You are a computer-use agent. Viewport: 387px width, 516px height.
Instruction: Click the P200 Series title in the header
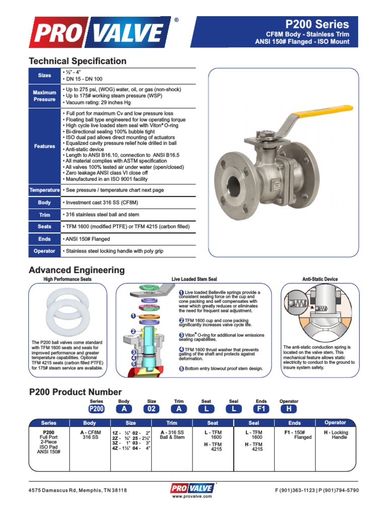pos(317,24)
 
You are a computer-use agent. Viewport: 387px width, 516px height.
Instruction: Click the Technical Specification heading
pos(78,61)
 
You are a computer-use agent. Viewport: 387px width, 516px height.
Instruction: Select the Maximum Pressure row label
pos(44,96)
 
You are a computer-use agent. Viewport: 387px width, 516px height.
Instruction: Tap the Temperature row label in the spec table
pos(44,190)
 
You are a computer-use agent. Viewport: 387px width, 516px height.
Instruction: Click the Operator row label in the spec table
pos(44,251)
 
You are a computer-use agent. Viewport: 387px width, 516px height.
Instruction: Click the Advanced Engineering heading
pos(77,270)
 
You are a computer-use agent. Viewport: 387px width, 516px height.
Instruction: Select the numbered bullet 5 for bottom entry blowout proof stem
pos(181,368)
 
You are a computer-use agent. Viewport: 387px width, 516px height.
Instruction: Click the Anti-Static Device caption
pos(320,279)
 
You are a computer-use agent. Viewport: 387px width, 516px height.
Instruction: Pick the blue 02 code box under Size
pos(152,409)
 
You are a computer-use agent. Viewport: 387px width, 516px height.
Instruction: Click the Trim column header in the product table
pos(178,423)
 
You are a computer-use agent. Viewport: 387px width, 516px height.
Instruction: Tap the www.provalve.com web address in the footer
pos(193,496)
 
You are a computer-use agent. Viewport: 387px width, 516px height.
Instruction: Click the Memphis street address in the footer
pos(78,490)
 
